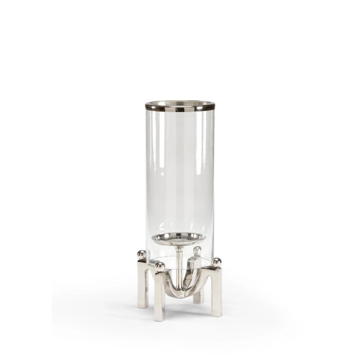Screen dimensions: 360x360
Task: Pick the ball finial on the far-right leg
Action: click(217, 262)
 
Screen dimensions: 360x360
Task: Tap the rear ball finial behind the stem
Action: click(197, 250)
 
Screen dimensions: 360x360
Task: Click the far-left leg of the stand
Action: click(142, 287)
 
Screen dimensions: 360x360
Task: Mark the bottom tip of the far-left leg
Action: click(142, 307)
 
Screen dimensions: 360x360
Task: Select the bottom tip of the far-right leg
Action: click(217, 315)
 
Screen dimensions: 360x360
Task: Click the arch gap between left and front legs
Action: click(150, 292)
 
